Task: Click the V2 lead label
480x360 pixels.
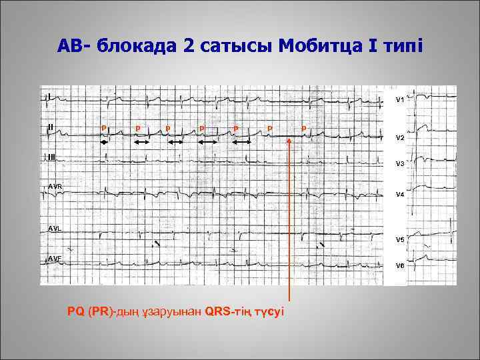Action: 400,137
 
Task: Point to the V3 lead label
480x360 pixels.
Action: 400,163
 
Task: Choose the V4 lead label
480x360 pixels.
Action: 400,195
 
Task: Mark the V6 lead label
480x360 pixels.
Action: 400,265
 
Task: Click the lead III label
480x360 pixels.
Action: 51,157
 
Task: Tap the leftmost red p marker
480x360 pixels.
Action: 103,127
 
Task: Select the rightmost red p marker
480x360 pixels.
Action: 303,127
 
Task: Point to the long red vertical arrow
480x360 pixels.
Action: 289,220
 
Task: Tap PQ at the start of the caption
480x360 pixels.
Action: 75,311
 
